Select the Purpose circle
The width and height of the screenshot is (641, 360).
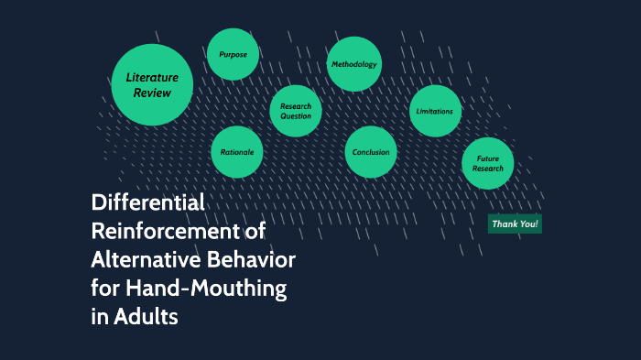pos(233,55)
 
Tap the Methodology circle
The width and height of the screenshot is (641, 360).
pos(353,64)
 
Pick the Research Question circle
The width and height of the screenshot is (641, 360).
pos(296,111)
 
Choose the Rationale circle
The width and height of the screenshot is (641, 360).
pos(237,152)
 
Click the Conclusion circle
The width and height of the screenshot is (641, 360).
pos(371,152)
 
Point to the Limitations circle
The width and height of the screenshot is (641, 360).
pos(434,112)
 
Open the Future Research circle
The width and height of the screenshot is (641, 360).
pos(487,164)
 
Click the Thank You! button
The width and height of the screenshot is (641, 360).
pos(515,224)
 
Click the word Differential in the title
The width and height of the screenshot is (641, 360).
pos(147,202)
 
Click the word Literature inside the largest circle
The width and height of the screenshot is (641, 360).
pos(152,78)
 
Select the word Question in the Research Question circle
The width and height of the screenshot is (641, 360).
pos(296,116)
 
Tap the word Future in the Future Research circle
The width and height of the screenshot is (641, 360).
pos(487,159)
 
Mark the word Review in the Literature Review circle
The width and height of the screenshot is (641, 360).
pos(152,93)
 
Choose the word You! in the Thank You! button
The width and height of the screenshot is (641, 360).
pos(527,224)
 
